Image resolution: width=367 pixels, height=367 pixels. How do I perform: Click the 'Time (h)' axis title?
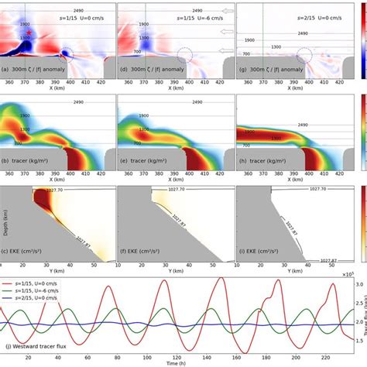point(175,363)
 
